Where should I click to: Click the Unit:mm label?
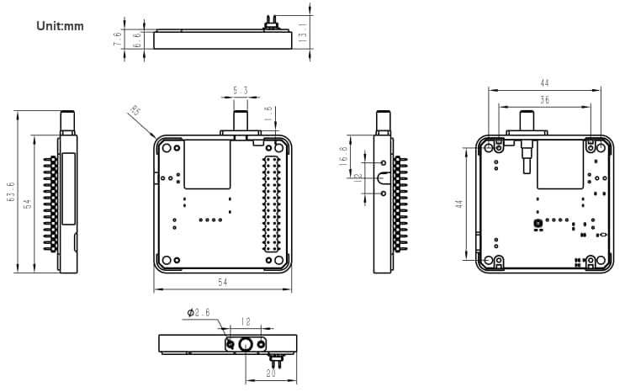(60, 25)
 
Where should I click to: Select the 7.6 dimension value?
(119, 38)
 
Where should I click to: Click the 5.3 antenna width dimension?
(240, 90)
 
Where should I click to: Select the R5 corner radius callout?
(135, 110)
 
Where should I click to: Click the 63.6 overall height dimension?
(10, 191)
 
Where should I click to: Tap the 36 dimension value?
(544, 99)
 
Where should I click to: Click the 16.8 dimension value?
(342, 156)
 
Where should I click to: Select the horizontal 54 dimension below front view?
(223, 283)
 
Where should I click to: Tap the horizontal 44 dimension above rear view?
(544, 82)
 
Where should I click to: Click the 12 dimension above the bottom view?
(246, 321)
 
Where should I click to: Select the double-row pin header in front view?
(272, 202)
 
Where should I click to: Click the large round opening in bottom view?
(246, 344)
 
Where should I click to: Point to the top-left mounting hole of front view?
(167, 147)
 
